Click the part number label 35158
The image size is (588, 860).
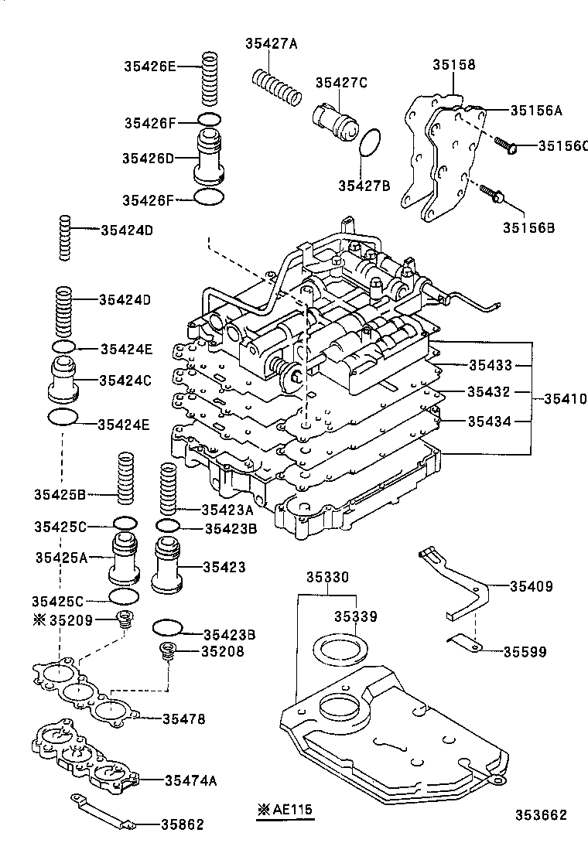[454, 66]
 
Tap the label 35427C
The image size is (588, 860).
[340, 83]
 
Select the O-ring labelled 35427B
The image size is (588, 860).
[371, 142]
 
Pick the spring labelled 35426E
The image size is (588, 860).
[210, 80]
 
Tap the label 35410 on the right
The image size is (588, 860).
[565, 399]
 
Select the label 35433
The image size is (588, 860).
[489, 363]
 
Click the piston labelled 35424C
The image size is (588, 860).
[65, 379]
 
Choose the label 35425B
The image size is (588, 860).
[60, 493]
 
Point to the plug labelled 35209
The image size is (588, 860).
[123, 618]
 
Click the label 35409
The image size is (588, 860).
[531, 587]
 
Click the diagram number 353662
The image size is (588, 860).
[542, 815]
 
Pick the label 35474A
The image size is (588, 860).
[190, 780]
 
